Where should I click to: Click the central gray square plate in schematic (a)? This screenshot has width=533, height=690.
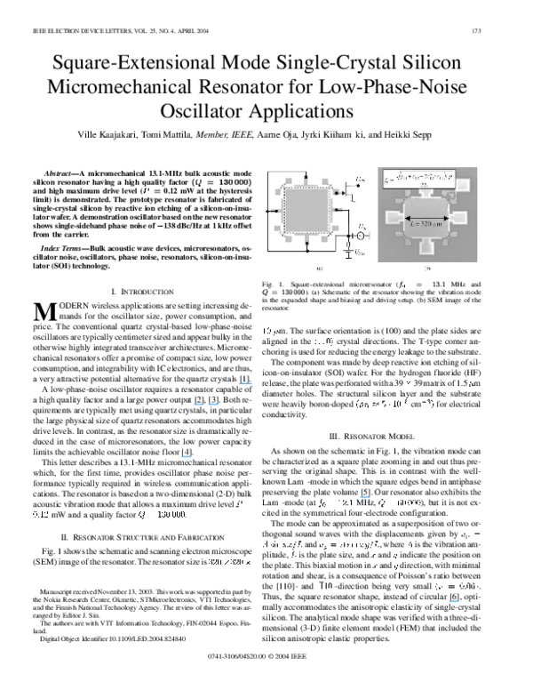304,212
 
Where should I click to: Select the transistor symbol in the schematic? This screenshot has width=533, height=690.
350,189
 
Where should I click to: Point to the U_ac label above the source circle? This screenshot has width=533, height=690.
362,228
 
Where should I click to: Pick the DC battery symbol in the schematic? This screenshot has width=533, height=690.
349,251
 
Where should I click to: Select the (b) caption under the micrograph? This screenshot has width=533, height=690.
427,266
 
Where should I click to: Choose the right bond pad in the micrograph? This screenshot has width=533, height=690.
463,217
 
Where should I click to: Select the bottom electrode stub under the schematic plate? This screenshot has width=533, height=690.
305,242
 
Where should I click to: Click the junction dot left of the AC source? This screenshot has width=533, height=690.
349,237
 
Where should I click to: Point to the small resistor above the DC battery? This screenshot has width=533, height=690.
349,244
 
